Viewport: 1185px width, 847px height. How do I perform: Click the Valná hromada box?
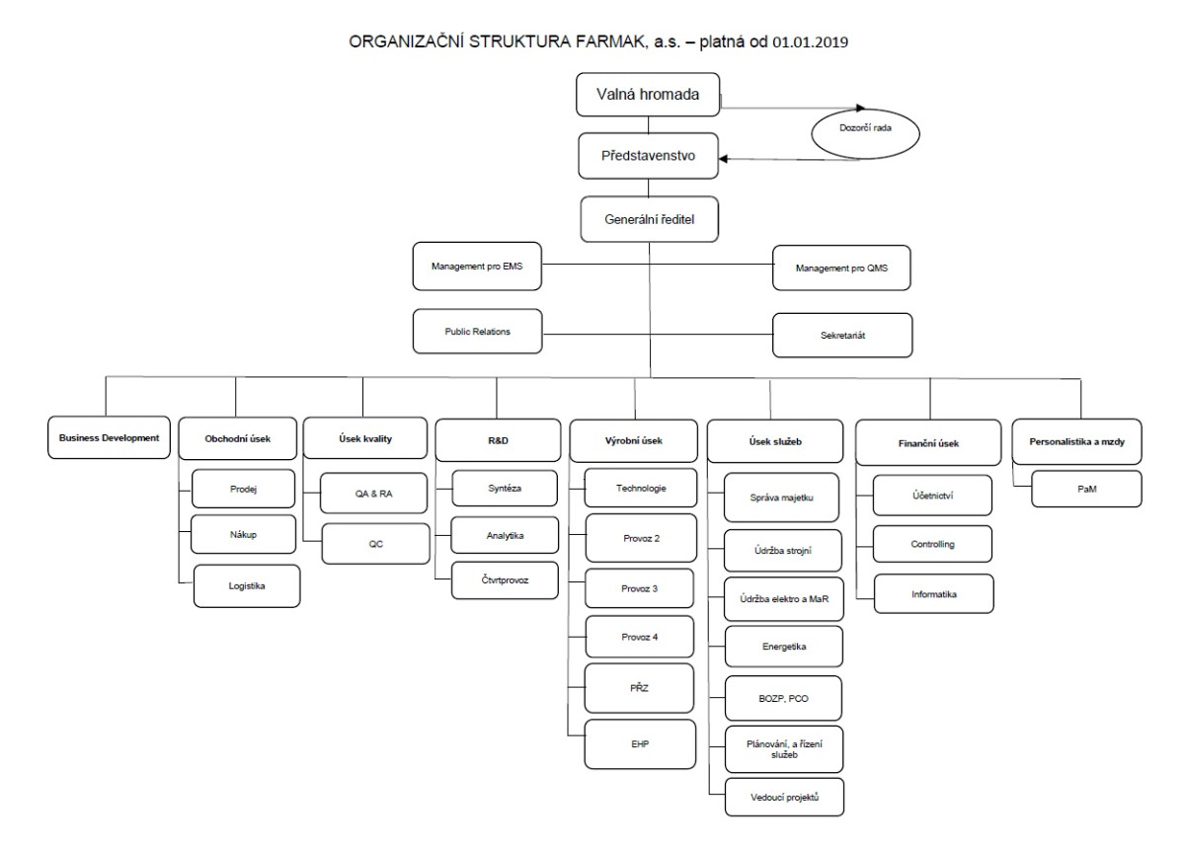click(648, 94)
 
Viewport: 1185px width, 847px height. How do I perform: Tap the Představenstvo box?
click(648, 155)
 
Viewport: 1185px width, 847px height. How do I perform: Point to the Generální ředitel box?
click(649, 219)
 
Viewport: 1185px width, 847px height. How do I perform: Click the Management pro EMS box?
click(477, 267)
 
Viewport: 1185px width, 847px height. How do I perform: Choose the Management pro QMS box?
click(841, 269)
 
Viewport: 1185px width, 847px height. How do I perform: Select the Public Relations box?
click(477, 332)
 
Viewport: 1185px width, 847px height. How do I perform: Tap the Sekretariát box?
click(842, 336)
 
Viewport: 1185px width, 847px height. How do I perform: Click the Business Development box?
click(109, 437)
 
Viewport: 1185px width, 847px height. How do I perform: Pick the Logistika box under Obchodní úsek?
click(247, 585)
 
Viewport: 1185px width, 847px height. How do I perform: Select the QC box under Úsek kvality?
click(375, 544)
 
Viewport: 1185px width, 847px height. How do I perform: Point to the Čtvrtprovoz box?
click(505, 580)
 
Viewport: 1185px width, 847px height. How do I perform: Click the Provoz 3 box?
click(639, 588)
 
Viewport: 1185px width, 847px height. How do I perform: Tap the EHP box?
click(640, 744)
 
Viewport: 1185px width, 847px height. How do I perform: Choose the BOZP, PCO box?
click(783, 699)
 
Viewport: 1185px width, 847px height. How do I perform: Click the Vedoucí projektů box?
click(784, 797)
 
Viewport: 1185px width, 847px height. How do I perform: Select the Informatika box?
click(934, 594)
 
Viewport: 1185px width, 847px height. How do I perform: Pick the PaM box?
click(1086, 489)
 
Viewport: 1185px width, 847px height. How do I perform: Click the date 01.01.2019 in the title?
click(810, 42)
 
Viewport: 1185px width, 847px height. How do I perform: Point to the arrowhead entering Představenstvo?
click(723, 159)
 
